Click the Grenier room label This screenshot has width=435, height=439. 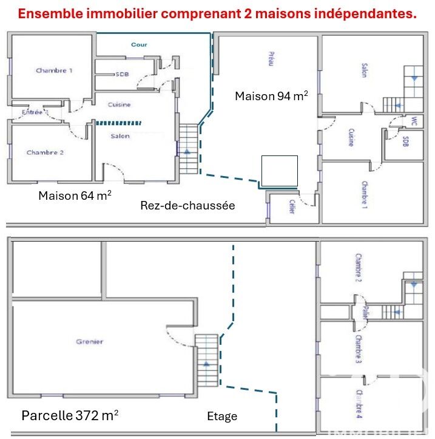[x=89, y=342]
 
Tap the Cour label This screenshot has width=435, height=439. [x=139, y=44]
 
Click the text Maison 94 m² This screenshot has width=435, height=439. [x=271, y=96]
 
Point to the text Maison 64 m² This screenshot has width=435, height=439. [x=75, y=196]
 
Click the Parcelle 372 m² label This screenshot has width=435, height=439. [x=70, y=416]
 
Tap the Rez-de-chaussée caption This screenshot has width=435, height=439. [x=187, y=206]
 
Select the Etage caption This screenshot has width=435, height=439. [x=222, y=416]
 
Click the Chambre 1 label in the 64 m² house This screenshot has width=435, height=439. [x=54, y=70]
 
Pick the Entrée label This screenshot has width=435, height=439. [x=32, y=112]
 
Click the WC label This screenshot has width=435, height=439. [x=414, y=121]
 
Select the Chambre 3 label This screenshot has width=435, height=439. [x=359, y=349]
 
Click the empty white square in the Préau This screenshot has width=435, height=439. [x=279, y=171]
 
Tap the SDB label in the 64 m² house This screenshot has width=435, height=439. [x=123, y=74]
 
